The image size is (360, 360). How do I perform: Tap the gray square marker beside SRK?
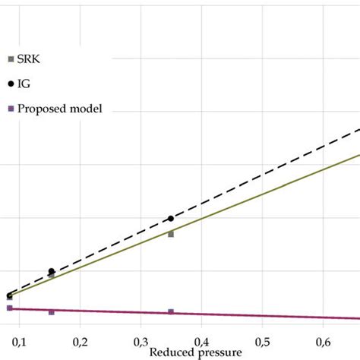(x=10, y=58)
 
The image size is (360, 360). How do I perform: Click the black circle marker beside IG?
(x=10, y=84)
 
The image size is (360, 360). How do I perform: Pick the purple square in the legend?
(x=10, y=109)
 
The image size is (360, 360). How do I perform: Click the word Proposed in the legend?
(x=39, y=109)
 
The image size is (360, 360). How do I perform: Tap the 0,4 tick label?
(x=201, y=339)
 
